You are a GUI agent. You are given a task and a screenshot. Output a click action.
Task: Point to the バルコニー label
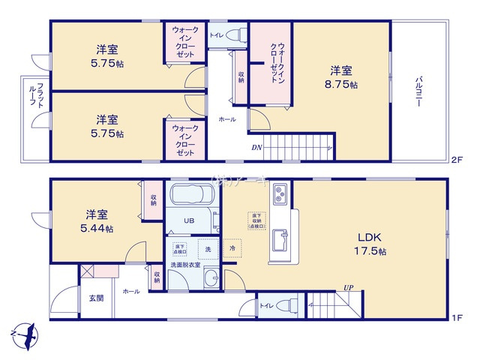tap(418, 94)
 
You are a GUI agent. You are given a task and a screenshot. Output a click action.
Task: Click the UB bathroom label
tap(190, 221)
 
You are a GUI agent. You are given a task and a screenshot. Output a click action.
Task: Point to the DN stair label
tap(256, 147)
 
